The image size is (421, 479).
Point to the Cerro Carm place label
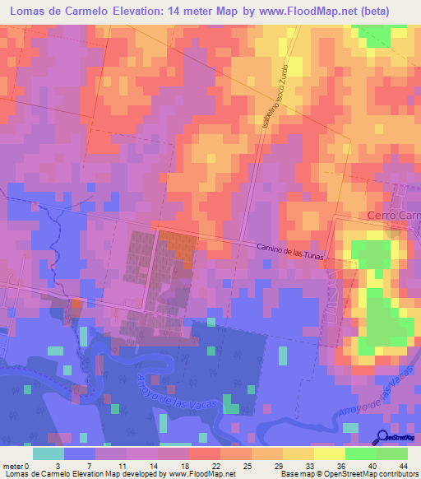click(392, 216)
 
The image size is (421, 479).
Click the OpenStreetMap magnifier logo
click(384, 438)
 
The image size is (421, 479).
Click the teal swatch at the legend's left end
click(49, 453)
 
